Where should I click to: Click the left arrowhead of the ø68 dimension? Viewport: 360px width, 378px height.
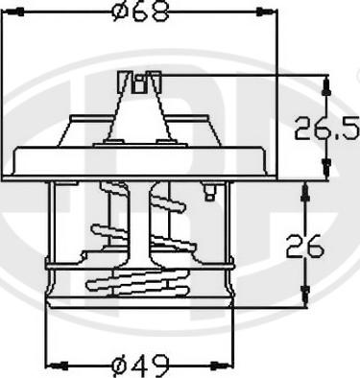(21, 12)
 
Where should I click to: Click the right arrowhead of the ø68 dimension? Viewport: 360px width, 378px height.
(270, 12)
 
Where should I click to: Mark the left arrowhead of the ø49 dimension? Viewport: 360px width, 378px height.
(53, 365)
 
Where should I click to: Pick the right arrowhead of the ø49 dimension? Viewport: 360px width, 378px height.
(229, 365)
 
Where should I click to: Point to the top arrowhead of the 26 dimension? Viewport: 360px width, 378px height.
(305, 189)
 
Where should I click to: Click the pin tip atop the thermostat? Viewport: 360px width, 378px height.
(140, 82)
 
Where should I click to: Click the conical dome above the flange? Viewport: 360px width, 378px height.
(140, 120)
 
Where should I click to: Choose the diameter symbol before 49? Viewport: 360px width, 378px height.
(120, 365)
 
